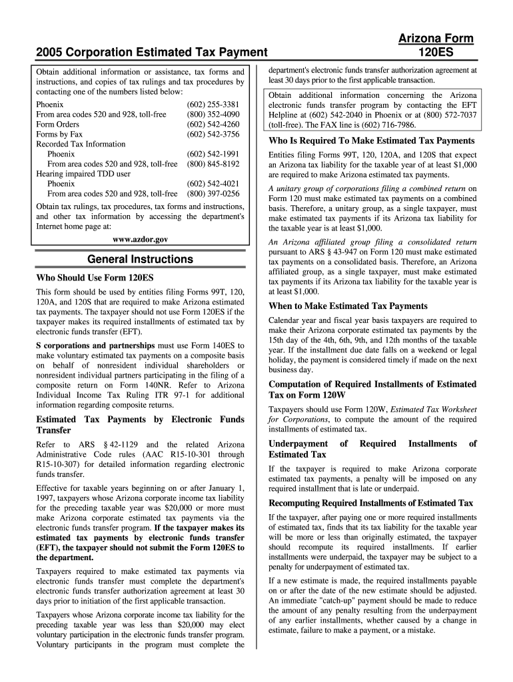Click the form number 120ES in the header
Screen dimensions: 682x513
(436, 51)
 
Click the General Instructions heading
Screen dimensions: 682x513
(141, 259)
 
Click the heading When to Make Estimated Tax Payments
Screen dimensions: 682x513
(348, 306)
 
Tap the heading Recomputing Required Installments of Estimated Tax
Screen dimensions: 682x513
(370, 503)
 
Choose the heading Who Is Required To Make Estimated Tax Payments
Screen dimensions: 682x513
(371, 141)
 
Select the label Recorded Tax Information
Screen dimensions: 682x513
(81, 144)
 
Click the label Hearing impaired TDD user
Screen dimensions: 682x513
(83, 174)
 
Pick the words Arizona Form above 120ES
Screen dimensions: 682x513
(436, 39)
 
